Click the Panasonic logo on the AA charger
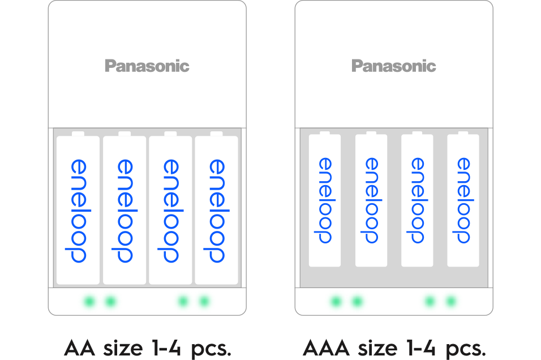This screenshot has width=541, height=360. [x=147, y=66]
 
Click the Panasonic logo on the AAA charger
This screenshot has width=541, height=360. [x=393, y=66]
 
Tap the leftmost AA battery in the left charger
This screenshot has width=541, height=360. [x=78, y=209]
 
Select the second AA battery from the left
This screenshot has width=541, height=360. [x=124, y=209]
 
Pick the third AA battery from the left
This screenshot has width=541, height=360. [x=170, y=209]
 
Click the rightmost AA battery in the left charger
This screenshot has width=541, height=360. [x=217, y=209]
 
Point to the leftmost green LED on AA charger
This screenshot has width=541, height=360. [x=88, y=302]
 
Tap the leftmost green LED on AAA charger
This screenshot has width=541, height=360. [x=336, y=302]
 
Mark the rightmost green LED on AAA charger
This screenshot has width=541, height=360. [x=451, y=302]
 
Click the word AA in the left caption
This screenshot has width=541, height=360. [x=78, y=346]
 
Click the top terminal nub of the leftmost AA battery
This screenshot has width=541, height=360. [x=78, y=134]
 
